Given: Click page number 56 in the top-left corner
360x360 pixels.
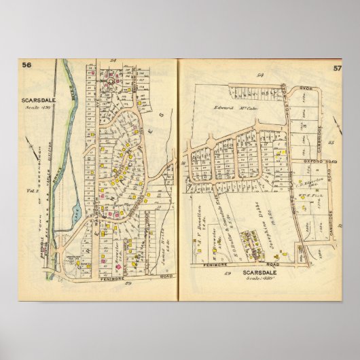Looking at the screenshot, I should pyautogui.click(x=27, y=65).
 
